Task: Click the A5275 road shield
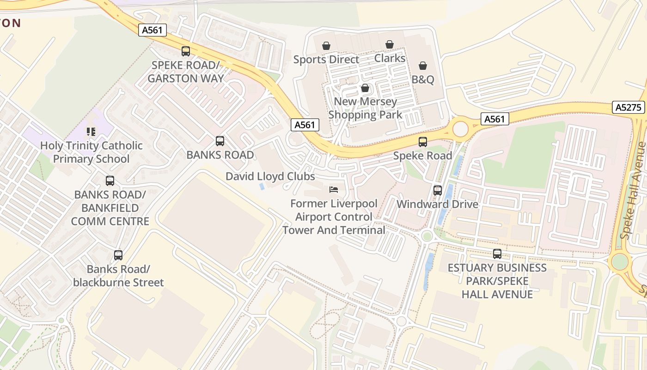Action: (629, 107)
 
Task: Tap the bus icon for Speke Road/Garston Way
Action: (186, 51)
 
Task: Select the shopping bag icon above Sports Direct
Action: (326, 46)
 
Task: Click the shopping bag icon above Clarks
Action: (390, 44)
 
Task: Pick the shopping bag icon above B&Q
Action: (423, 66)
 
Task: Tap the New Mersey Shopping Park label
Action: (365, 108)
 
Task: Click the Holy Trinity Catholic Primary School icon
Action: (91, 132)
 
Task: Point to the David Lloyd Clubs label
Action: (270, 176)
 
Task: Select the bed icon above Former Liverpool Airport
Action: (334, 190)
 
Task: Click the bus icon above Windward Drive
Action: (437, 190)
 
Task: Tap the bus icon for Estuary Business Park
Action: (497, 254)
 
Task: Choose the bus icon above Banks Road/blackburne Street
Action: (118, 255)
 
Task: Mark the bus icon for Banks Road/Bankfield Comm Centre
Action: (110, 181)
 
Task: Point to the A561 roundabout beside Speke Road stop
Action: (460, 129)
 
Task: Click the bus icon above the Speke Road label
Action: (423, 142)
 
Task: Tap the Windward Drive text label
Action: (437, 204)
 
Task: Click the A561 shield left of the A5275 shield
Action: (494, 119)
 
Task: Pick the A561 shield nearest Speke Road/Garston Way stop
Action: (152, 30)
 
